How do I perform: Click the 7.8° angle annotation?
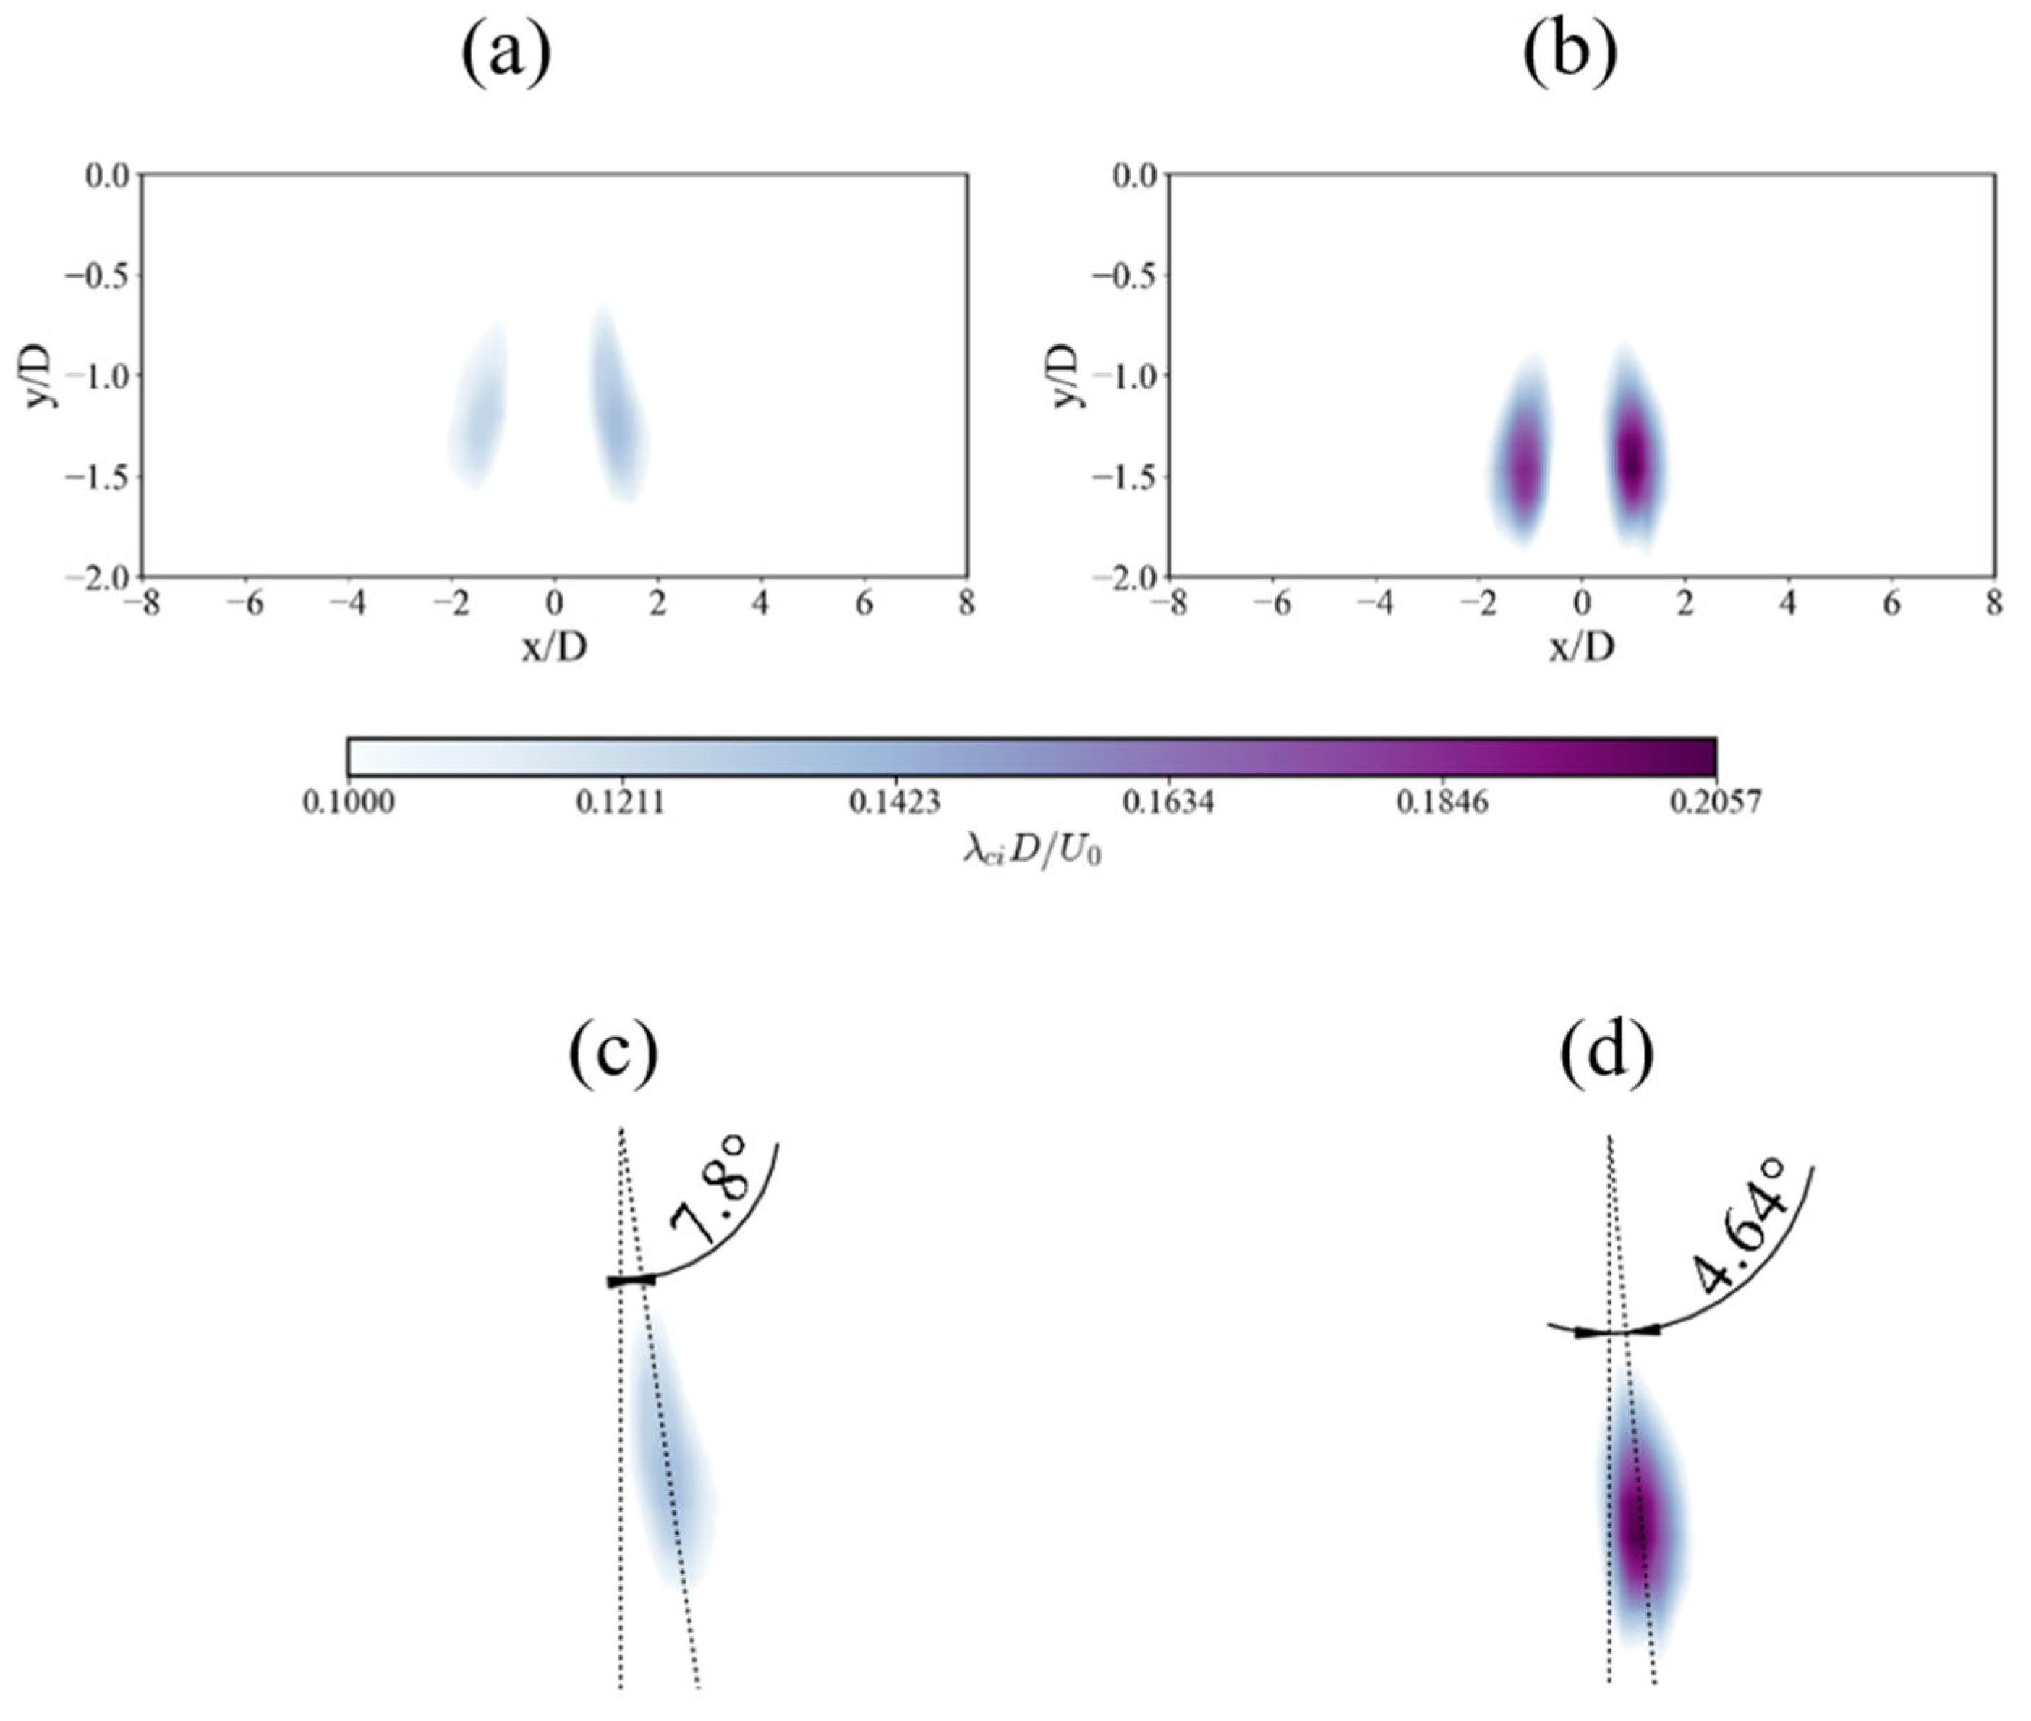coord(710,1203)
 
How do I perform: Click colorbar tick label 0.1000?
coord(348,802)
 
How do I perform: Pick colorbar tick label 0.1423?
coord(895,802)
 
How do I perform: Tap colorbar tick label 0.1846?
coord(1442,802)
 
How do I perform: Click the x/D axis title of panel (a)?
coord(554,647)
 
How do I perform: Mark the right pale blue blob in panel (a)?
coord(615,409)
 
